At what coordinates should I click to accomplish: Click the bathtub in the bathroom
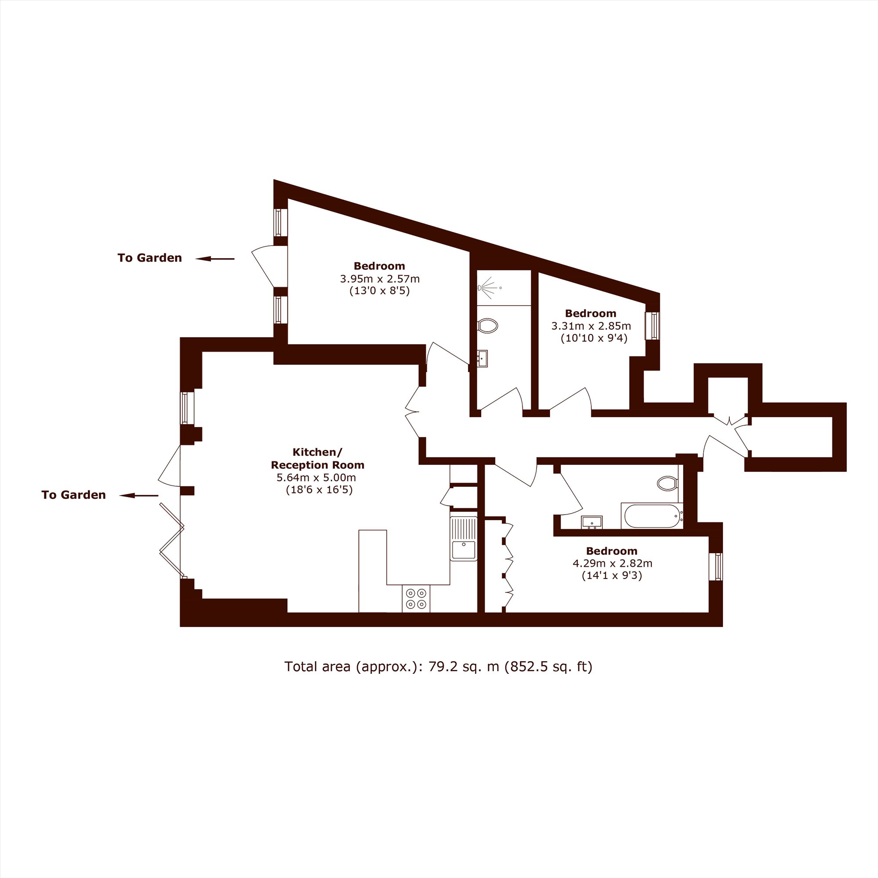pos(652,516)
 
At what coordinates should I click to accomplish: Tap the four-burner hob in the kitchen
pos(416,598)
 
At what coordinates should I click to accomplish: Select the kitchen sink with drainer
pos(464,539)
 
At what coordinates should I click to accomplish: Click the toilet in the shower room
pos(488,325)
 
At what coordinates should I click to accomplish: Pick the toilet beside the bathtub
pos(668,483)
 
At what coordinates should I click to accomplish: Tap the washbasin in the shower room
pos(482,358)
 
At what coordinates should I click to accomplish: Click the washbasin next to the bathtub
pos(592,522)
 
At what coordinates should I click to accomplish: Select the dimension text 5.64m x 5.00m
pos(316,478)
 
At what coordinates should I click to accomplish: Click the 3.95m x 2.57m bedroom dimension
pos(380,279)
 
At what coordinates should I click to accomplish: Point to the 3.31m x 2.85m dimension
pos(591,326)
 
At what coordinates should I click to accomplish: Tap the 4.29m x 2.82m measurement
pos(612,564)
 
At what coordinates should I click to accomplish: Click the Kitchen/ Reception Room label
pos(317,459)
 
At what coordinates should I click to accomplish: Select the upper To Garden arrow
pos(215,259)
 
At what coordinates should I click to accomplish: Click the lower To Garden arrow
pos(139,495)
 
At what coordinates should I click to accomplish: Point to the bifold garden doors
pos(172,541)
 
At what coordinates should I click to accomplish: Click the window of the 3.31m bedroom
pos(653,325)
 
